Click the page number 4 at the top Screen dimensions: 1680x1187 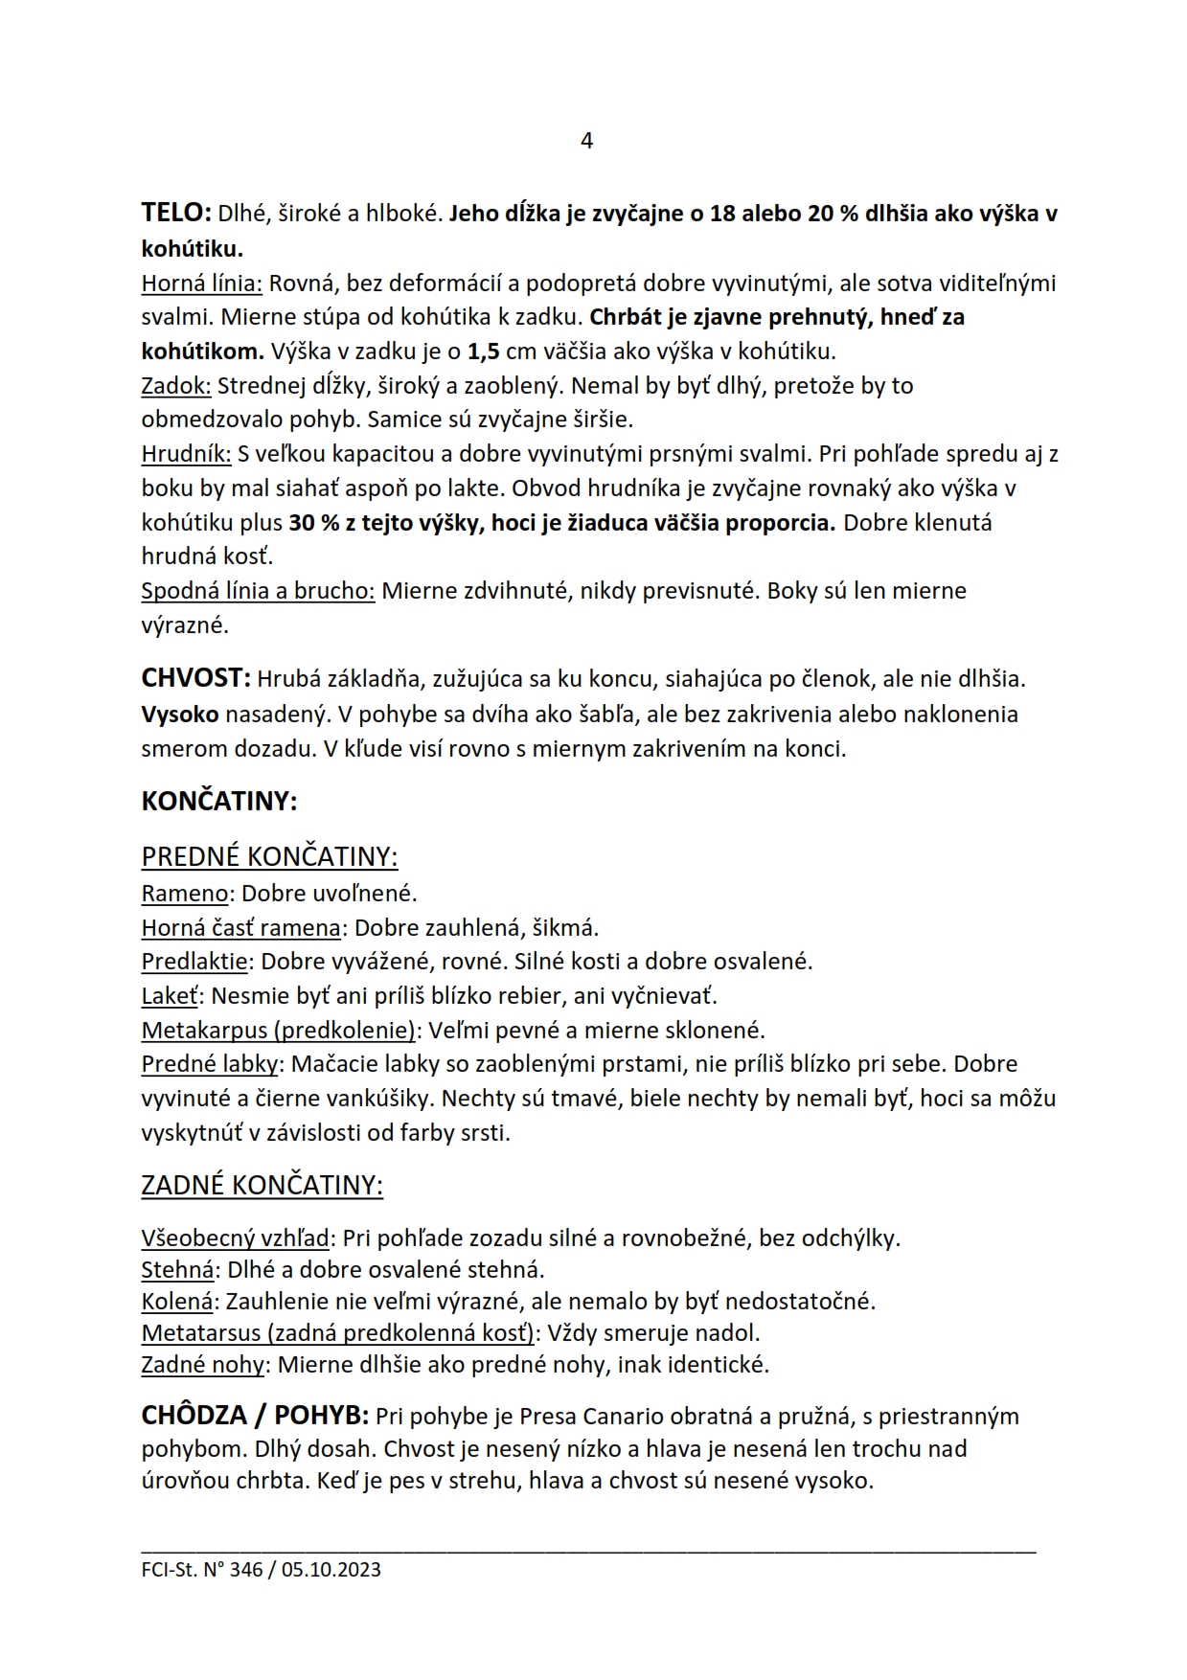(586, 141)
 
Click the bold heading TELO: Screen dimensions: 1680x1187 (176, 213)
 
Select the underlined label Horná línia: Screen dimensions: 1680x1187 (201, 284)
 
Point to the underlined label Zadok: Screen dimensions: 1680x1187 (176, 386)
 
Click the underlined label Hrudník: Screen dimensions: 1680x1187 (186, 453)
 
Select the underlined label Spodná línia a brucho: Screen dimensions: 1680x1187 (258, 591)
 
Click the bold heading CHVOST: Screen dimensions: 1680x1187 (195, 678)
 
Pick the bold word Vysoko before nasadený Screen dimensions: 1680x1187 (180, 715)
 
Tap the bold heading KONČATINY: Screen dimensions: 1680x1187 (219, 802)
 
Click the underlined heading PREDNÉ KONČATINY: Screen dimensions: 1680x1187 (269, 856)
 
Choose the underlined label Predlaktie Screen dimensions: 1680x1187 (194, 962)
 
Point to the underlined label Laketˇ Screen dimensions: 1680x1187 (170, 996)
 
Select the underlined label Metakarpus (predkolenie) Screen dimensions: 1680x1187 (278, 1031)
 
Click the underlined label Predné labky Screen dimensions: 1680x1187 (209, 1064)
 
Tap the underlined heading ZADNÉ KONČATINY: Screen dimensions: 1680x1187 (262, 1186)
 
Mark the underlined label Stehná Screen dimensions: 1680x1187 (177, 1270)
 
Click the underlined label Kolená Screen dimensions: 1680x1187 (176, 1302)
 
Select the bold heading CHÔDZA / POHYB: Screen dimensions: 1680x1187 (254, 1416)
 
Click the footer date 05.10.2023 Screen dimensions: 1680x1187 (331, 1570)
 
